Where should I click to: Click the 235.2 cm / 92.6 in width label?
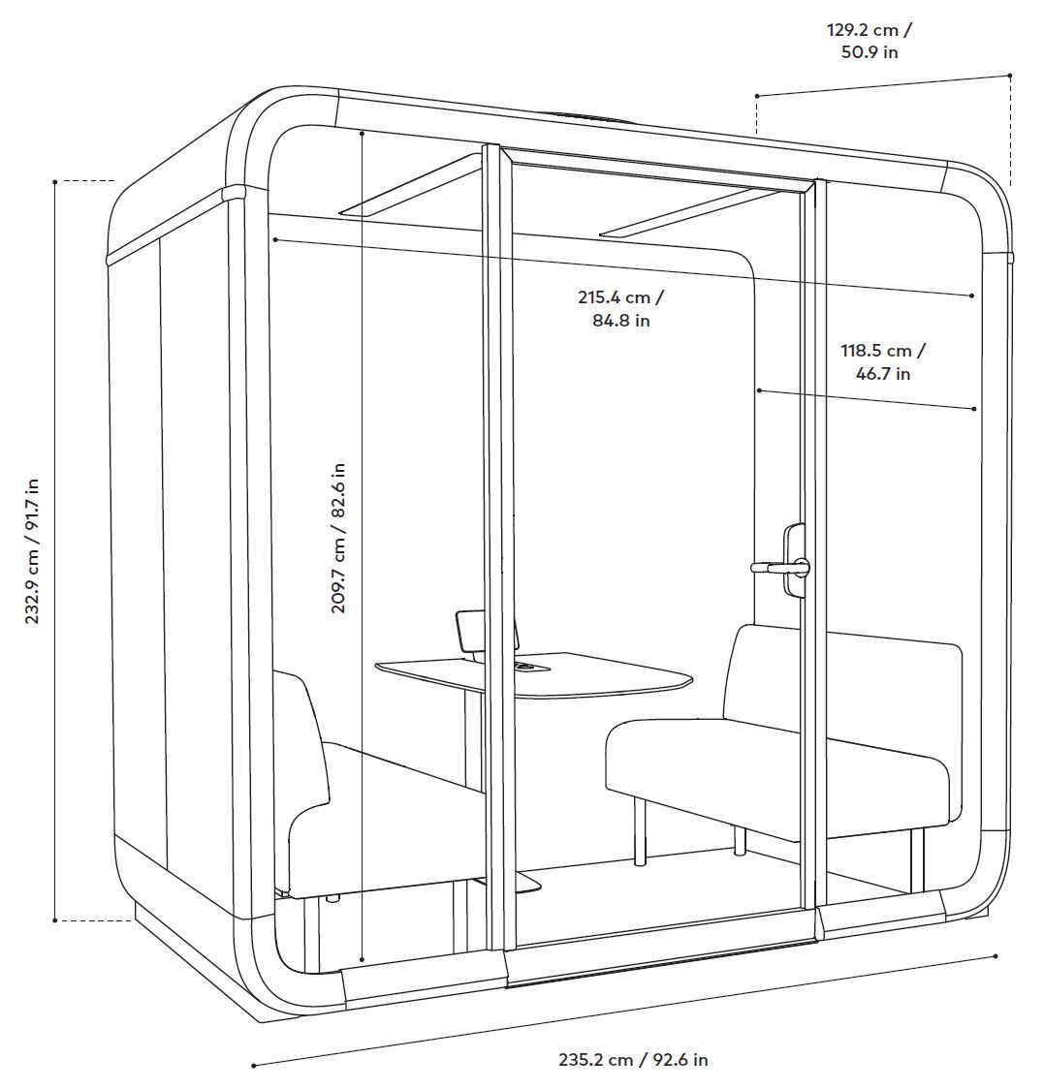[633, 1060]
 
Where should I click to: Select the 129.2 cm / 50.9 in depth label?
[869, 41]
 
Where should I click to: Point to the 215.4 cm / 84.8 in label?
[620, 308]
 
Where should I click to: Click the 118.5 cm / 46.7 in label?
[882, 361]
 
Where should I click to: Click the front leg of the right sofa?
[639, 833]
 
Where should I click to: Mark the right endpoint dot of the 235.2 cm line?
[996, 956]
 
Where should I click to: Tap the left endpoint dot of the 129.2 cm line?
[757, 96]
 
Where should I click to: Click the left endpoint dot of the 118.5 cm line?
[760, 390]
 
